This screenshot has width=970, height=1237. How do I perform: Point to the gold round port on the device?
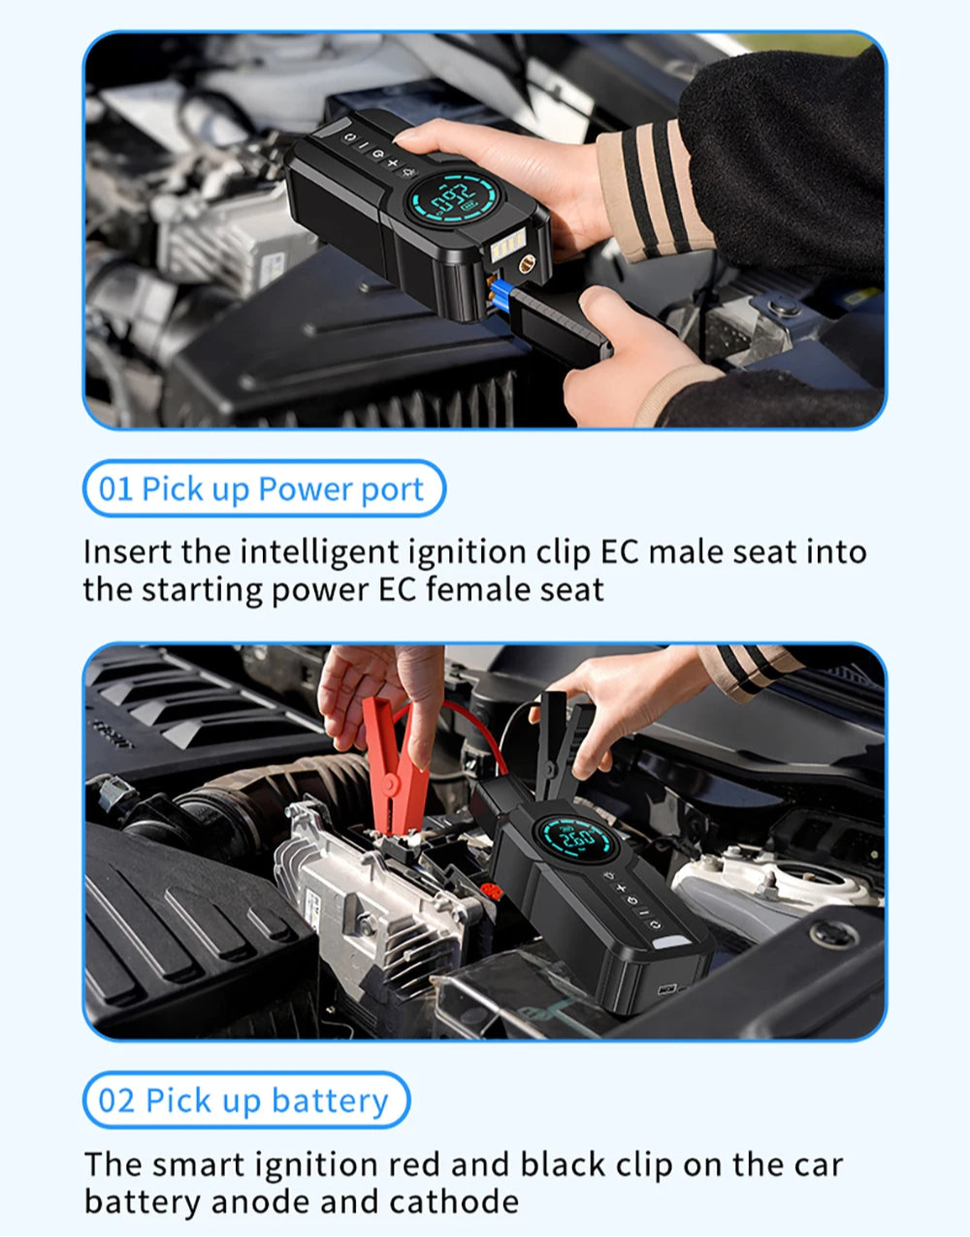click(x=526, y=264)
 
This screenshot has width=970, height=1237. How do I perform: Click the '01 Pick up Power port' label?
click(x=264, y=488)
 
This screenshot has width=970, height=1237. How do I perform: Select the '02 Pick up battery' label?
click(x=245, y=1100)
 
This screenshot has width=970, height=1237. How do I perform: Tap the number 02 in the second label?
click(x=116, y=1100)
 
